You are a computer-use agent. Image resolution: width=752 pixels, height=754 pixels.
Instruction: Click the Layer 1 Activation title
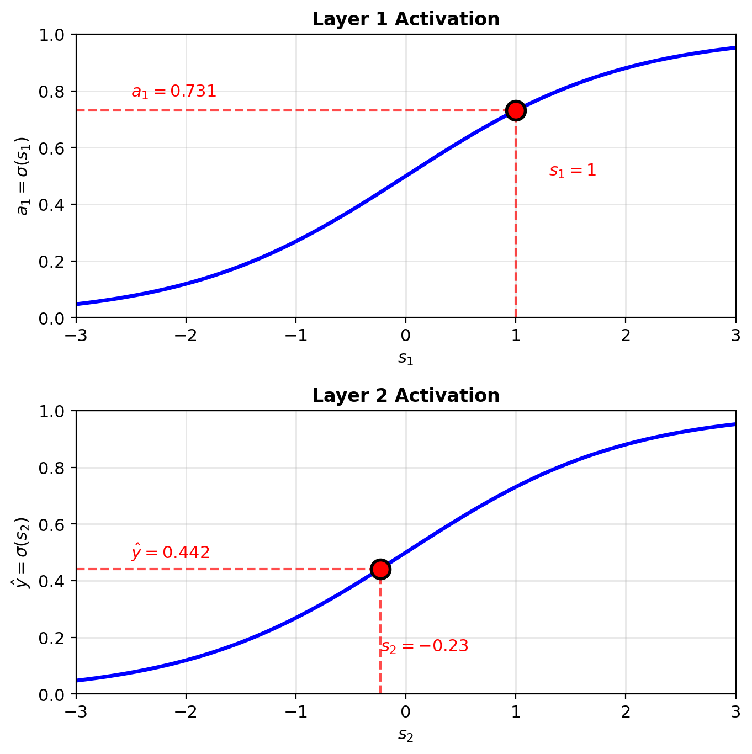406,19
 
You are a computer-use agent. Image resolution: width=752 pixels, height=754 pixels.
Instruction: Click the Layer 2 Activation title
406,396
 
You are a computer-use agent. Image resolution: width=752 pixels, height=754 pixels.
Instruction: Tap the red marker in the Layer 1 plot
516,110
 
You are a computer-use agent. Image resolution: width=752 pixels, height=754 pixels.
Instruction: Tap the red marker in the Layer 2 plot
380,569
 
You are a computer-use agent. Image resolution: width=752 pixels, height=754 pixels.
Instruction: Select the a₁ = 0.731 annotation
174,92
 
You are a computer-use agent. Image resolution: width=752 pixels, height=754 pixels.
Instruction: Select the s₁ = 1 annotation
573,171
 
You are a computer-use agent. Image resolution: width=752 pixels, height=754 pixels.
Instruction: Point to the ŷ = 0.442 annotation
171,552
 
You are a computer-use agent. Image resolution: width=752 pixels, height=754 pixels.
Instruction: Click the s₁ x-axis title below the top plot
406,359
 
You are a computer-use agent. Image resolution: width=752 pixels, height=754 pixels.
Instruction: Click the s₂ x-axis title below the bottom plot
406,735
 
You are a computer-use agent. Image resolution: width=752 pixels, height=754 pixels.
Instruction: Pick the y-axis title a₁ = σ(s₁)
23,176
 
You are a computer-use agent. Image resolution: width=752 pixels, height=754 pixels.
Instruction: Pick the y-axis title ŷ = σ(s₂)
23,553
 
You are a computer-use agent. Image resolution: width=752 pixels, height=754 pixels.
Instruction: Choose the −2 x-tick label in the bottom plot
186,713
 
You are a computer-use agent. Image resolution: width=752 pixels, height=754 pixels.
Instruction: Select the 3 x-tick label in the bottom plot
735,713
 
